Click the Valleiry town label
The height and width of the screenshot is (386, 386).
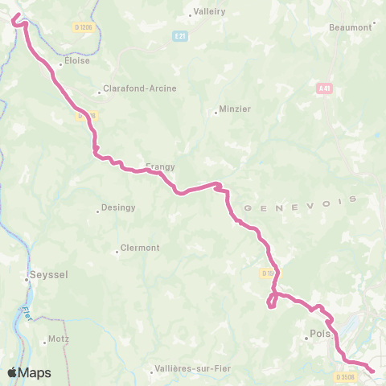tap(208, 12)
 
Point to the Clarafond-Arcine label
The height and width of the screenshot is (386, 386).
tap(138, 89)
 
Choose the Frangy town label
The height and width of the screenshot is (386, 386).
tap(160, 166)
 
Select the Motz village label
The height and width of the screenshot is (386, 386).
tap(59, 339)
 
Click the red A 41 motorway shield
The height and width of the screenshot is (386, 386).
tap(324, 88)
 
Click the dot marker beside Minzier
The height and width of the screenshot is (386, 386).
tap(216, 112)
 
